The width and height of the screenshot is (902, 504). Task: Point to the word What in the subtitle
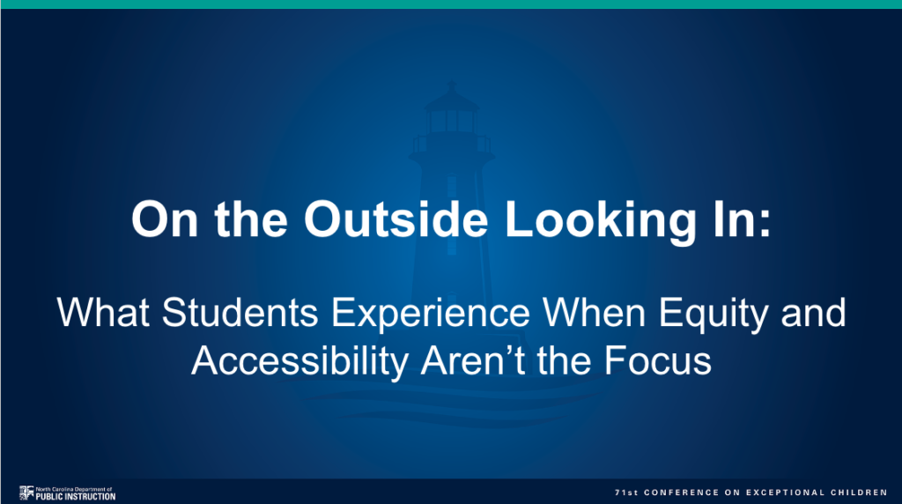click(97, 313)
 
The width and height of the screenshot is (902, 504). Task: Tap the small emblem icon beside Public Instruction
click(25, 493)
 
